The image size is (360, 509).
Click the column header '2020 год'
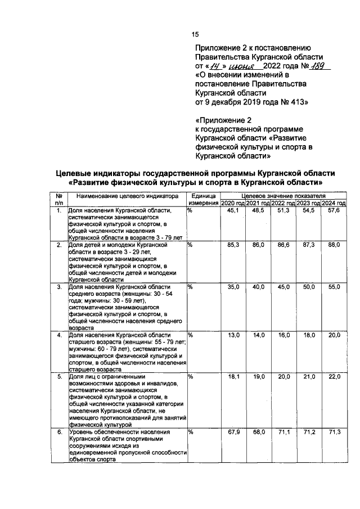(232, 202)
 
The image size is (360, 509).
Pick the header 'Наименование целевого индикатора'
(127, 196)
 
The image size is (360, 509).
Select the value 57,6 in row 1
(334, 210)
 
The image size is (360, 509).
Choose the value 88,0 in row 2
(334, 245)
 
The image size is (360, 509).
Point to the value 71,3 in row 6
(334, 432)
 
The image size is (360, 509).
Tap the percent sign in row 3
(190, 287)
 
